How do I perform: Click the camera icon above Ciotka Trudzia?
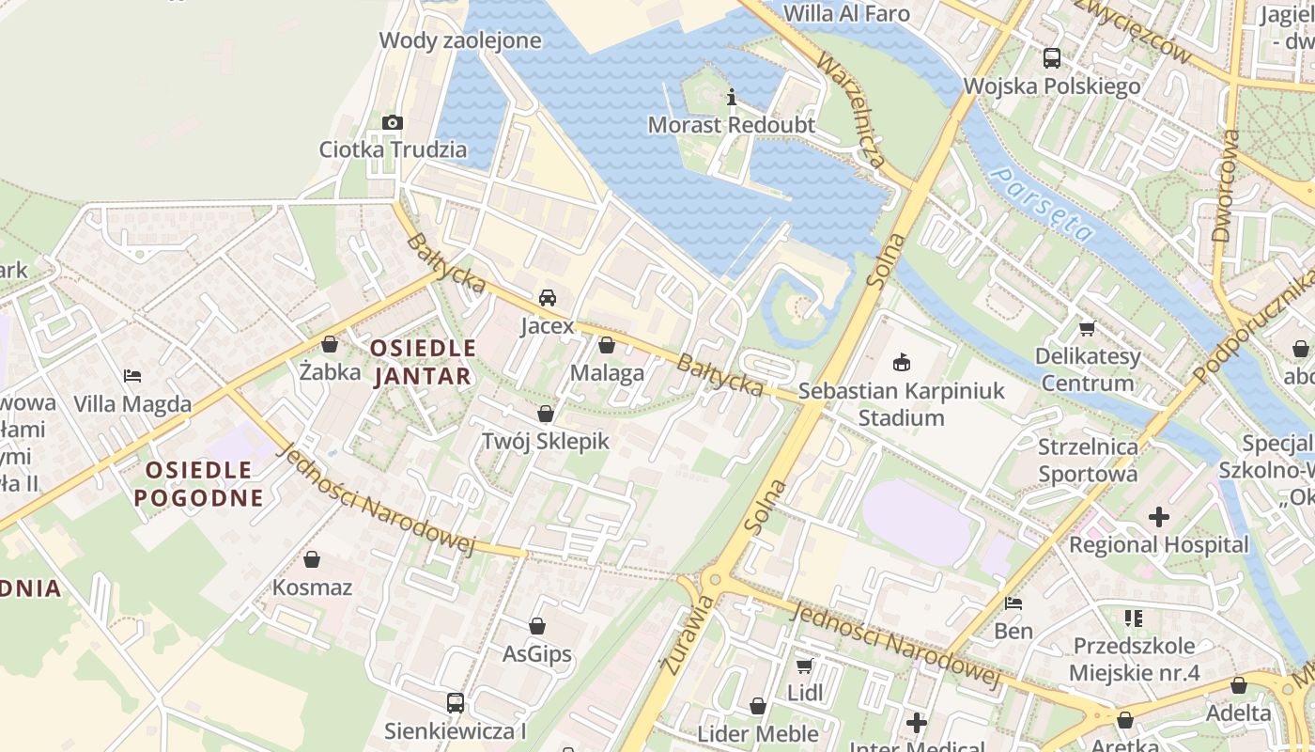(393, 122)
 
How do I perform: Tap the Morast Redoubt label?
(732, 125)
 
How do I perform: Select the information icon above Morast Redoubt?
(732, 97)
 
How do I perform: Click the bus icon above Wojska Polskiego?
(1052, 58)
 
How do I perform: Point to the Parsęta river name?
(1044, 204)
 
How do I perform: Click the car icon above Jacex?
(547, 298)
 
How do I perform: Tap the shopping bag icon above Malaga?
(607, 345)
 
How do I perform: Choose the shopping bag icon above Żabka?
(330, 344)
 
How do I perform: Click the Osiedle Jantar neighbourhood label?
(423, 362)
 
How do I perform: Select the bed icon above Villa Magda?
(132, 376)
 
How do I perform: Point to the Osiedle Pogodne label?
(199, 483)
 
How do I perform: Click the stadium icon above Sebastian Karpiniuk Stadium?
(902, 362)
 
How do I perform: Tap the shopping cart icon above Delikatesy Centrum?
(1088, 328)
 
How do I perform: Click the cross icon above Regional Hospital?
(1159, 516)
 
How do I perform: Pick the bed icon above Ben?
(1013, 603)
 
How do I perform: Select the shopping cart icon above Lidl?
(804, 666)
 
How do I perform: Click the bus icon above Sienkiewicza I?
(456, 702)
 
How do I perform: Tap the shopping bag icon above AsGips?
(537, 625)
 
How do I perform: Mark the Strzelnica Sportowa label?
(1088, 460)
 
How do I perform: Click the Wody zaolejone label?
(460, 40)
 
